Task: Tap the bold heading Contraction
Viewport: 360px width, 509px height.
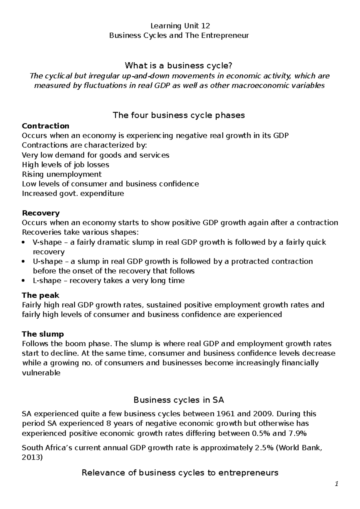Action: [x=46, y=126]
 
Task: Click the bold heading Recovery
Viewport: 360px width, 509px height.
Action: [x=41, y=213]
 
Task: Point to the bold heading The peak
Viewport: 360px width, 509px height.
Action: [x=40, y=295]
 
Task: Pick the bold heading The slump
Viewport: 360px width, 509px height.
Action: [x=43, y=334]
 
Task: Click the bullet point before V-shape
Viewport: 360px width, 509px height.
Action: [x=24, y=243]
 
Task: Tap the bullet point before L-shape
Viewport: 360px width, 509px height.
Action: [x=24, y=281]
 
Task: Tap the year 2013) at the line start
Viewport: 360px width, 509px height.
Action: [x=32, y=458]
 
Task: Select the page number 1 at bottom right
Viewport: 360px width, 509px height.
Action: [x=337, y=484]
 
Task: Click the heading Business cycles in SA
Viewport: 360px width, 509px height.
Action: [x=179, y=400]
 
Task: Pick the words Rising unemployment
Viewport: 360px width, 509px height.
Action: [x=62, y=174]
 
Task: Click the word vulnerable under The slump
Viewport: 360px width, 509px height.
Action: [x=41, y=373]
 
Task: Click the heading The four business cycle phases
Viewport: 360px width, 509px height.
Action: [x=178, y=115]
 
